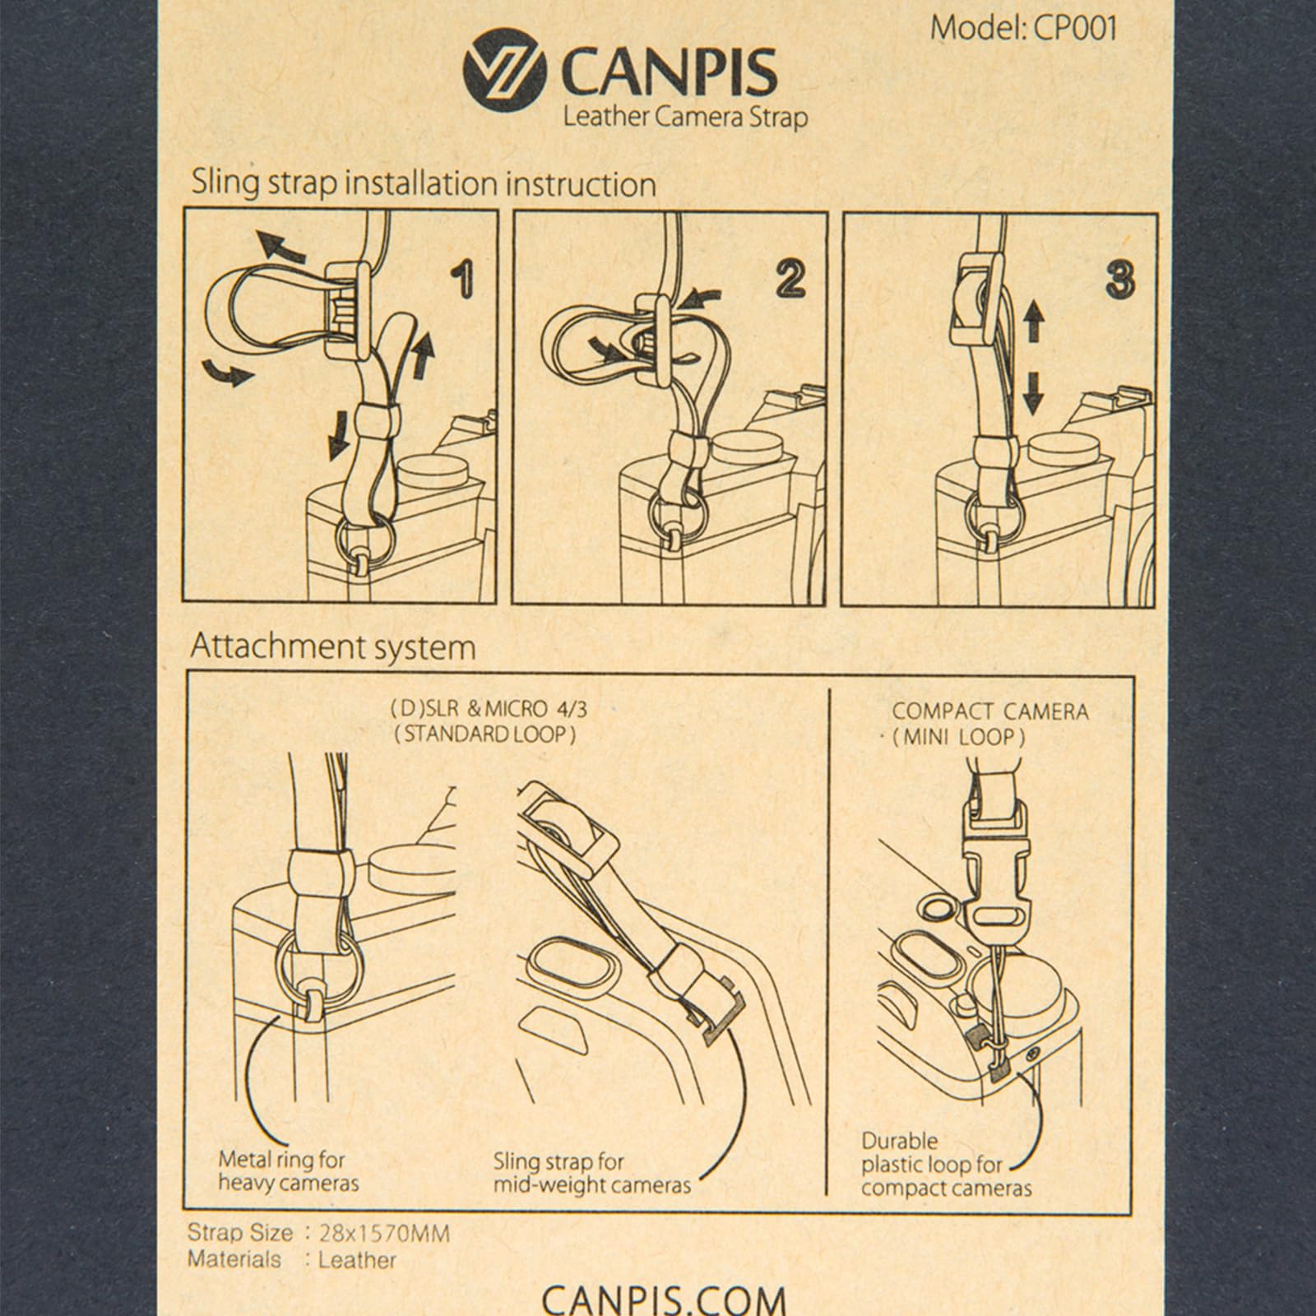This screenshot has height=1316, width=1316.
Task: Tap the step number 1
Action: click(465, 280)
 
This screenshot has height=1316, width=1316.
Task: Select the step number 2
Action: click(790, 280)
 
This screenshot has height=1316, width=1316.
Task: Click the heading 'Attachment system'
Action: click(333, 647)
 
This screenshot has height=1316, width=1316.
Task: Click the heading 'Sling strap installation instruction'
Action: click(424, 183)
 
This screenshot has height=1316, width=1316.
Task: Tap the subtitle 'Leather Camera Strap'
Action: click(684, 118)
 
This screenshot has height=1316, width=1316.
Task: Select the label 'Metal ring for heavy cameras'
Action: click(289, 1171)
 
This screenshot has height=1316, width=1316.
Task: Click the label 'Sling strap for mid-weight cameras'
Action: click(592, 1174)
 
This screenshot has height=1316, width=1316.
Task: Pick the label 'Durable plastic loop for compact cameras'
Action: click(946, 1164)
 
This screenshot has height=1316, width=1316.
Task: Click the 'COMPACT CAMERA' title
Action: click(990, 711)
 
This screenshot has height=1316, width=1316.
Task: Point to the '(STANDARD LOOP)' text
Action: click(484, 734)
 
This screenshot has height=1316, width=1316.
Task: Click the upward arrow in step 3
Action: click(1034, 322)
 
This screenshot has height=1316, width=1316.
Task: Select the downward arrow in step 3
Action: click(1034, 394)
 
